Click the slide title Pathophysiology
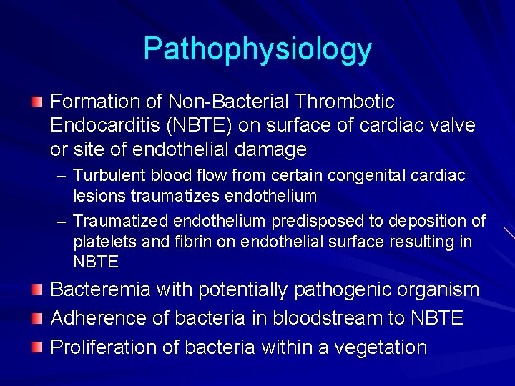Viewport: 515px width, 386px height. (257, 49)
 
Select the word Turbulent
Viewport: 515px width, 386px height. (106, 176)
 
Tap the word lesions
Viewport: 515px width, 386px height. (97, 196)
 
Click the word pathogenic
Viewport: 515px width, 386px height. (338, 289)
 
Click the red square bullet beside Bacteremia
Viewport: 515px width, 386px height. (37, 288)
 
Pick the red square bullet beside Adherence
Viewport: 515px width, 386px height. (37, 317)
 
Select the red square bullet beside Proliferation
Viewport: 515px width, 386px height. (37, 346)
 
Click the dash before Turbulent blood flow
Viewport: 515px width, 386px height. (62, 176)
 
